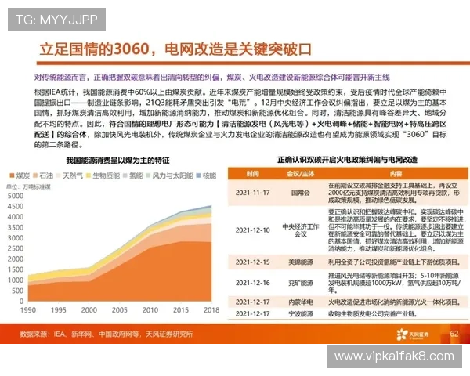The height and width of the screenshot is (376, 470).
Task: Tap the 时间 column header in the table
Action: point(252,173)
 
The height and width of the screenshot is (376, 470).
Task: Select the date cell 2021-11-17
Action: point(252,191)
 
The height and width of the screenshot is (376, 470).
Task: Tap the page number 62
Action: point(453,334)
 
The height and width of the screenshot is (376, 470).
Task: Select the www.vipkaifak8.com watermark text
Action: point(396,356)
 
